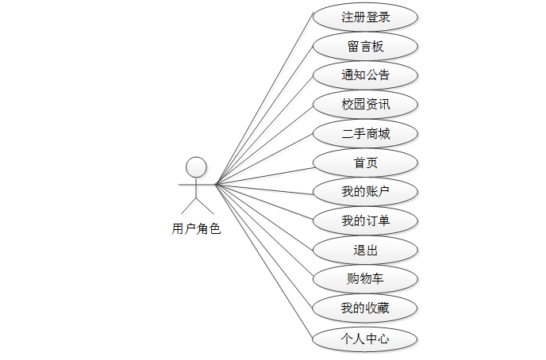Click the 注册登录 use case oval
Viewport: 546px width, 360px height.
click(x=365, y=17)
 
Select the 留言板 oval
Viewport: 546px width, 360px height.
click(x=365, y=46)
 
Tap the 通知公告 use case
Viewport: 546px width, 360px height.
click(x=365, y=75)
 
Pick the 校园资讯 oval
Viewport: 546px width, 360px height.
click(x=365, y=104)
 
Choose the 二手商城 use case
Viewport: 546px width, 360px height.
click(x=365, y=133)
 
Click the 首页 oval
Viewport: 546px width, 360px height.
click(x=365, y=163)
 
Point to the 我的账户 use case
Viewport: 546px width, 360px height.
click(x=365, y=191)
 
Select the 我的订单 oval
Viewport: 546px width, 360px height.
click(x=365, y=220)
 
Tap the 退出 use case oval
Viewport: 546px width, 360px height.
click(x=365, y=250)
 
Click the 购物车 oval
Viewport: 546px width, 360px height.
click(x=365, y=278)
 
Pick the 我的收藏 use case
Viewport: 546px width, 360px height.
click(x=365, y=308)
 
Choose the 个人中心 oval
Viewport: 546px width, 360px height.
click(x=365, y=339)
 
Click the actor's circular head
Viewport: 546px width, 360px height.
click(x=196, y=167)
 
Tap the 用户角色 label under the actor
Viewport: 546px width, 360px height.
click(x=196, y=229)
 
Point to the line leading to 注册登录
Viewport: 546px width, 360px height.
click(x=263, y=101)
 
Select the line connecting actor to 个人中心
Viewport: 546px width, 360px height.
click(x=263, y=262)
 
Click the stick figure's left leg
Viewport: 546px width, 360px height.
click(x=189, y=206)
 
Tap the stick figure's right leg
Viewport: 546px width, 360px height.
click(x=203, y=206)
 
